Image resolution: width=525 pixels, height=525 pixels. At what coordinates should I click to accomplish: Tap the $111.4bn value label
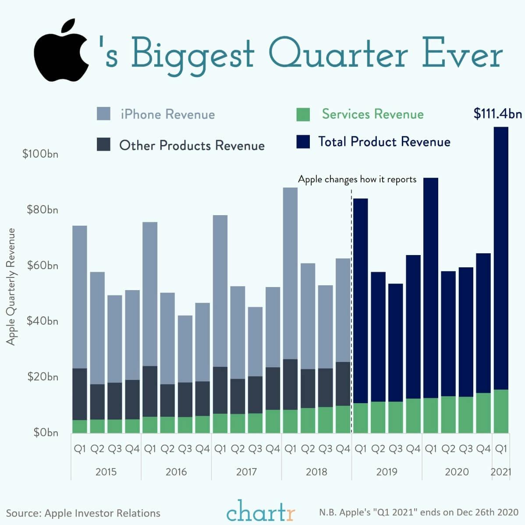pos(497,114)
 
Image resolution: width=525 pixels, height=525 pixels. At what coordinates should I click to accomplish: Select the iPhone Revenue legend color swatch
pos(103,114)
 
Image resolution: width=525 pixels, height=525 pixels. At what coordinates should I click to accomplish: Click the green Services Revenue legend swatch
pos(303,114)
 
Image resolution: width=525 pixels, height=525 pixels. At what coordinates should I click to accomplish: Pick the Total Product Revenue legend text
pos(384,142)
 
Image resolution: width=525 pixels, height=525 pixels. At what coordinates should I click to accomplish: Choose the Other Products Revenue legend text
pos(192,145)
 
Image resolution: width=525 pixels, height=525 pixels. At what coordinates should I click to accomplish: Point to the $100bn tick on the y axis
pos(40,154)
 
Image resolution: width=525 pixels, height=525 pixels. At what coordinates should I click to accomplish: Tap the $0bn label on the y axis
pos(46,433)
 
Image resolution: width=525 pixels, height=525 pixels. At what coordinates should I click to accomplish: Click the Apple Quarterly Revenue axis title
pos(11,287)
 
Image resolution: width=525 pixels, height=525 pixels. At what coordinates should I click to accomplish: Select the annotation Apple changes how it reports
pos(357,179)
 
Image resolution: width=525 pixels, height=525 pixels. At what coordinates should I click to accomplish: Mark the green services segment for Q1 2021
pos(501,411)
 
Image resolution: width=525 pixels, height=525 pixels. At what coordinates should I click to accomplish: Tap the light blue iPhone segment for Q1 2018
pos(290,272)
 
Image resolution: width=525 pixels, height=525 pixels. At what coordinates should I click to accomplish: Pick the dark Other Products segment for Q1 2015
pos(79,394)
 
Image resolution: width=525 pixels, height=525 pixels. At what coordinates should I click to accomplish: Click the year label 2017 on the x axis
pos(246,472)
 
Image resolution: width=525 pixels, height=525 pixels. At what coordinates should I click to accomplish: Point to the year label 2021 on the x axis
pos(501,472)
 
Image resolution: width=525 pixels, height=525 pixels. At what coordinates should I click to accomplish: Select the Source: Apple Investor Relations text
pos(83,513)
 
